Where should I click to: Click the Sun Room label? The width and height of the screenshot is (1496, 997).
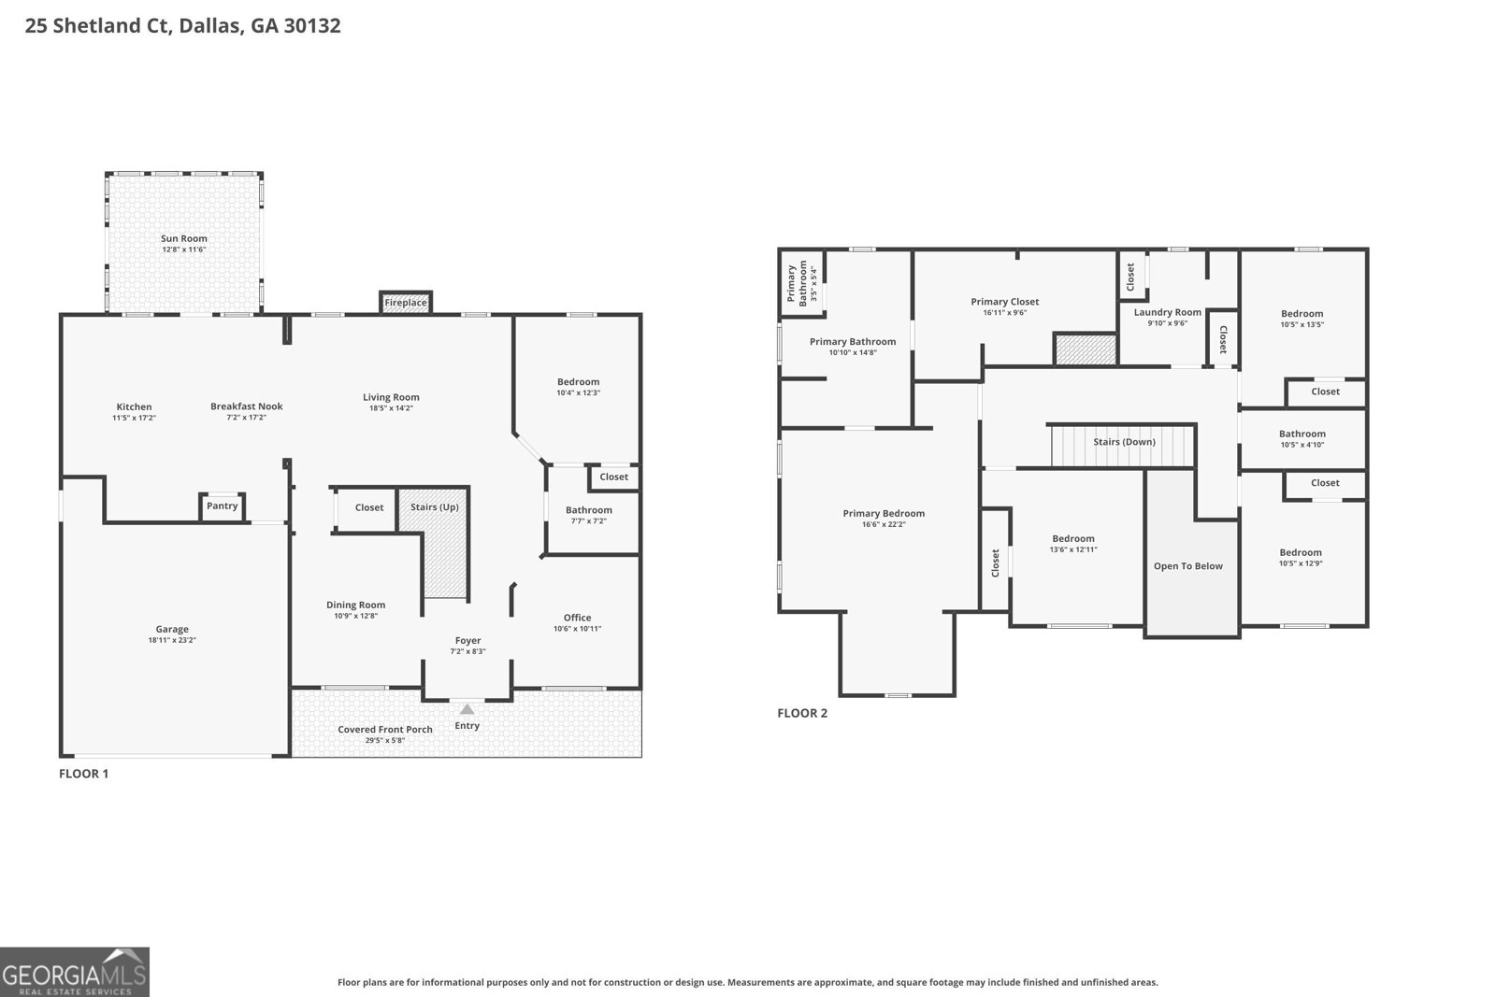click(x=183, y=238)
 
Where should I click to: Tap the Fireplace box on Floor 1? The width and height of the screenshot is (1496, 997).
click(x=406, y=303)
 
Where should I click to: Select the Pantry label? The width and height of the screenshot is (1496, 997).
click(x=222, y=506)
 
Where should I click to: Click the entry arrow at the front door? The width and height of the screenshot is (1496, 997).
click(x=467, y=709)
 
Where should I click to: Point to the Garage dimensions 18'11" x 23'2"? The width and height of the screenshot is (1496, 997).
click(x=172, y=640)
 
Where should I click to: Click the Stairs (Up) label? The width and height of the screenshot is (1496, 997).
click(x=434, y=507)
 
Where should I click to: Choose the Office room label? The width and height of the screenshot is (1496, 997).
click(x=577, y=618)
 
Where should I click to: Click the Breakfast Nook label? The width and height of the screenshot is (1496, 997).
click(x=246, y=406)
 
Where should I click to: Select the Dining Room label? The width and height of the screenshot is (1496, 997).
click(x=355, y=605)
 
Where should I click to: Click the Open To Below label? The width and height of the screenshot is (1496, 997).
click(x=1187, y=566)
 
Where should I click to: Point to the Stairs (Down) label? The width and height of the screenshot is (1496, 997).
click(x=1124, y=442)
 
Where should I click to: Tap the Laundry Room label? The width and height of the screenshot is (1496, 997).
click(x=1167, y=312)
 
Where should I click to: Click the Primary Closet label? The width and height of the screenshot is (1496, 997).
click(x=1004, y=302)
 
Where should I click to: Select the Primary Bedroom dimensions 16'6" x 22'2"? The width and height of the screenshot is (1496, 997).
click(x=884, y=525)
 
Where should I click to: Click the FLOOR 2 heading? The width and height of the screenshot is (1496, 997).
click(x=802, y=713)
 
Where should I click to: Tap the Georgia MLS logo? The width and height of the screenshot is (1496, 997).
click(x=75, y=972)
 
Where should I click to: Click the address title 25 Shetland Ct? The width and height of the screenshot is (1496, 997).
click(x=182, y=25)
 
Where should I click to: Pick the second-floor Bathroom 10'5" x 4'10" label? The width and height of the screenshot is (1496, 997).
click(x=1302, y=434)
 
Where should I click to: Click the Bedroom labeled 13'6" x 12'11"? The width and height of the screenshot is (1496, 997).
click(x=1072, y=539)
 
